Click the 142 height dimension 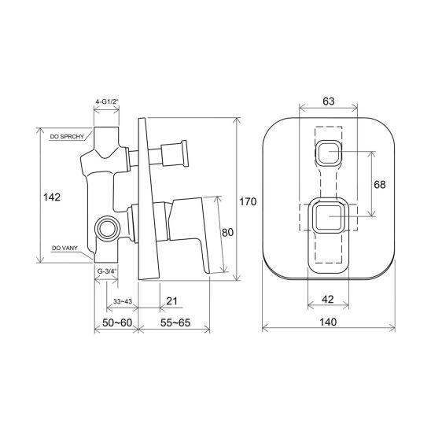pos(52,197)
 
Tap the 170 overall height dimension pos(248,202)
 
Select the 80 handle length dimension pos(227,232)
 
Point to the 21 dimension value pos(171,301)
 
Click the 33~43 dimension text pos(123,301)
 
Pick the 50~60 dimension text pos(117,322)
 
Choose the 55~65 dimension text pos(175,322)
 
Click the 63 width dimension pos(329,101)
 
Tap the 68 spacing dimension pos(380,185)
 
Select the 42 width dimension pos(327,299)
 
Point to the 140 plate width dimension pos(328,322)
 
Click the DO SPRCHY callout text pos(67,137)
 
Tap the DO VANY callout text pos(64,248)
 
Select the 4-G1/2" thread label pos(107,101)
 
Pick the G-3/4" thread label pos(107,271)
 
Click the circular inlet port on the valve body pos(107,229)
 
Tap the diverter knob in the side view pos(175,153)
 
